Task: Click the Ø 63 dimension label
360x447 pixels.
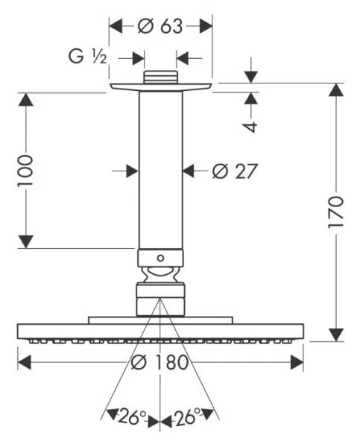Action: [160, 26]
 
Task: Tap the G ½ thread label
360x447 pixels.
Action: [87, 56]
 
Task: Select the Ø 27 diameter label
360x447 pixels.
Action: [235, 171]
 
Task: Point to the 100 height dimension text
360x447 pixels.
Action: [25, 171]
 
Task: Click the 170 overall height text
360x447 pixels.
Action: [335, 212]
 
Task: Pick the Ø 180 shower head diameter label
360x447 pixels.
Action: [160, 362]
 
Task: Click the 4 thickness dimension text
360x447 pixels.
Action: [251, 127]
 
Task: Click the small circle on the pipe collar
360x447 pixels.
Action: [160, 259]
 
